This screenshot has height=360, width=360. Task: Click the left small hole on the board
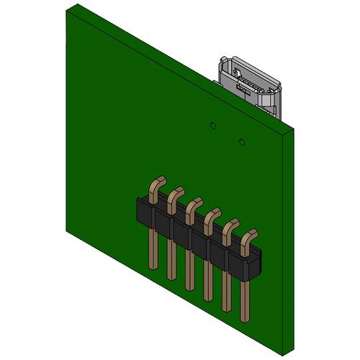coord(212,126)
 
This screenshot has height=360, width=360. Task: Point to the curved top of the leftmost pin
coord(159,184)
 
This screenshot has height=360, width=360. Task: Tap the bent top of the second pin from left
coord(176,195)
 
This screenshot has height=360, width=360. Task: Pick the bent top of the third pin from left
coord(194,206)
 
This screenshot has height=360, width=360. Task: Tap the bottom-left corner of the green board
coord(67,233)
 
